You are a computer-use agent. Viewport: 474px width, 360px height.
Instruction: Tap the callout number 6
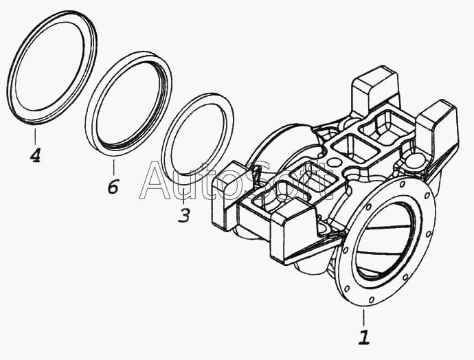(x=113, y=185)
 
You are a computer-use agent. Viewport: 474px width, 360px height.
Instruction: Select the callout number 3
(x=183, y=216)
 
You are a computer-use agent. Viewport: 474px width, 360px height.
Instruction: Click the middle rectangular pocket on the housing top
(x=350, y=147)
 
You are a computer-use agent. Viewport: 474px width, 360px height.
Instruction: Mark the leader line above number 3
(x=183, y=196)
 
